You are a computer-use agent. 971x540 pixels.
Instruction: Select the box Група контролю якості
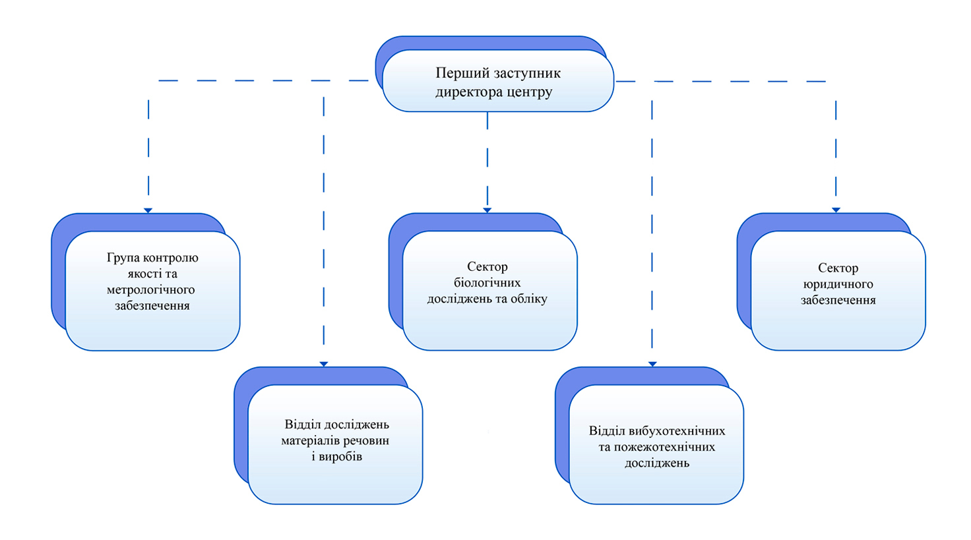pyautogui.click(x=152, y=290)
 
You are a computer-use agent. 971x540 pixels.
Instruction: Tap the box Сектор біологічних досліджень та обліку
pyautogui.click(x=489, y=290)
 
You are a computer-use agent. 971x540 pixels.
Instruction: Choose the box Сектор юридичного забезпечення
pyautogui.click(x=838, y=290)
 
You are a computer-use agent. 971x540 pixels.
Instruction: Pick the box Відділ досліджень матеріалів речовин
pyautogui.click(x=335, y=444)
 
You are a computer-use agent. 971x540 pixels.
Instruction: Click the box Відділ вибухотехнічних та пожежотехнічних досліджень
pyautogui.click(x=656, y=444)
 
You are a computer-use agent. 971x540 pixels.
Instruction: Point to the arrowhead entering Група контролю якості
pyautogui.click(x=148, y=210)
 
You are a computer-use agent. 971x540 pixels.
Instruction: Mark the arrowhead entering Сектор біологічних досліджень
pyautogui.click(x=487, y=210)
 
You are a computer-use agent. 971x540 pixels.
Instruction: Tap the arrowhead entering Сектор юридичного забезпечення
pyautogui.click(x=836, y=210)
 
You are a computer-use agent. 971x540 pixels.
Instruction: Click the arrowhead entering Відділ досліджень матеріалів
pyautogui.click(x=324, y=364)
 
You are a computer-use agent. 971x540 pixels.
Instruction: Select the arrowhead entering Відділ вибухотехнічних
pyautogui.click(x=652, y=364)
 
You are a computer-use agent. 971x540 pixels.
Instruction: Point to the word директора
pyautogui.click(x=468, y=92)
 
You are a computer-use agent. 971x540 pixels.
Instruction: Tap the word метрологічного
pyautogui.click(x=151, y=289)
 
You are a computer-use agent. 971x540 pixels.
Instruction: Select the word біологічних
pyautogui.click(x=487, y=283)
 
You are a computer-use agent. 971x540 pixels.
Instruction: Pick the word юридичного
pyautogui.click(x=838, y=284)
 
